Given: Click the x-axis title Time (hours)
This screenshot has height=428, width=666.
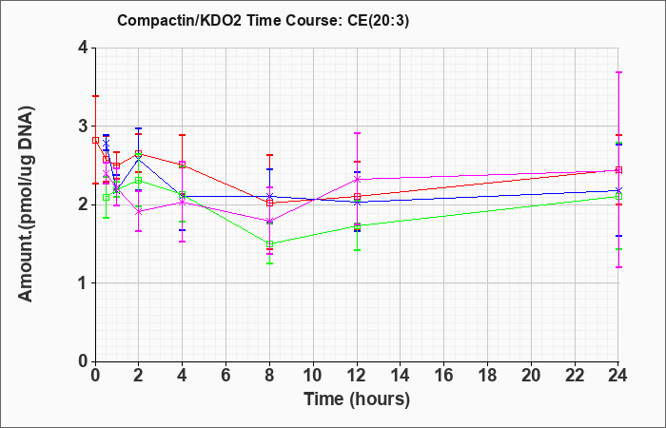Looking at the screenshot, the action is (x=357, y=399).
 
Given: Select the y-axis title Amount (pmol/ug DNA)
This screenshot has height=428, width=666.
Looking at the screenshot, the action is (x=27, y=204).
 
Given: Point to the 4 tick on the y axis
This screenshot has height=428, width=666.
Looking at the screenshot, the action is (x=83, y=48).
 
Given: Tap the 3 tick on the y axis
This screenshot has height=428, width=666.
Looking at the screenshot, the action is (x=83, y=126).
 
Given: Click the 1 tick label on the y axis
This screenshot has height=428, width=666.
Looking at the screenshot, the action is (x=83, y=283).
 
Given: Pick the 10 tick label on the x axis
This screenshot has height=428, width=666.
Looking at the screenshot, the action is (x=313, y=376).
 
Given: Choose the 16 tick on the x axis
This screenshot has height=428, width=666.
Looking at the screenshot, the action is (x=444, y=376).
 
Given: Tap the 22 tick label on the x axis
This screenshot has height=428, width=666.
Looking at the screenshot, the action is (x=575, y=376).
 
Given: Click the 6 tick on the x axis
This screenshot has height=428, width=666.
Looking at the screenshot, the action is (x=225, y=376).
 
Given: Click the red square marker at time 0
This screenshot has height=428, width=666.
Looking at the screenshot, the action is (x=95, y=141).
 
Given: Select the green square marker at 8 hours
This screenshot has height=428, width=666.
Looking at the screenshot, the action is (x=269, y=244).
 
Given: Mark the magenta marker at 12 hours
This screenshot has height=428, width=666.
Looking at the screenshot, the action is (x=357, y=179).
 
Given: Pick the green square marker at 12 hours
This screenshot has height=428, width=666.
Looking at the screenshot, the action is (x=357, y=226).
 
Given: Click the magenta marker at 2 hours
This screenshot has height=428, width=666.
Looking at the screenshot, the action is (x=139, y=212).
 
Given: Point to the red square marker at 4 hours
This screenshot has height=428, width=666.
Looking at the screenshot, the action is (x=183, y=164).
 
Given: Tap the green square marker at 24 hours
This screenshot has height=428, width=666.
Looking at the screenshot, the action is (x=618, y=196).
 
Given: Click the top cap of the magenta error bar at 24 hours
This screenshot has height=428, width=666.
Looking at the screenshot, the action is (x=618, y=72).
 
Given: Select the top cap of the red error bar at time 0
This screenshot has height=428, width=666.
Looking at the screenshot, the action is (x=95, y=96).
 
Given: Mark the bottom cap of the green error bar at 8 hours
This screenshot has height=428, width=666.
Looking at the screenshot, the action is (x=269, y=263).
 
